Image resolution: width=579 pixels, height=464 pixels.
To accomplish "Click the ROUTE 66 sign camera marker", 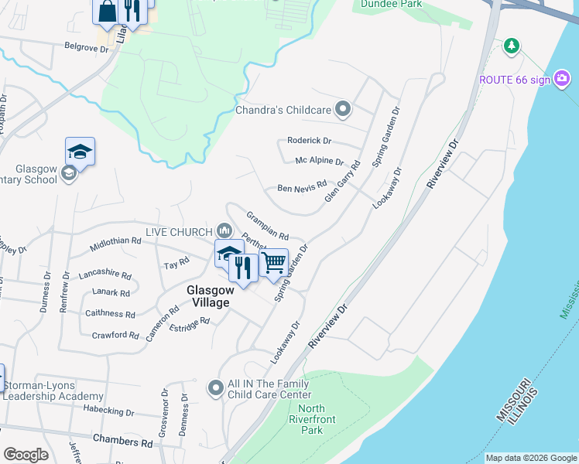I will (x=562, y=78).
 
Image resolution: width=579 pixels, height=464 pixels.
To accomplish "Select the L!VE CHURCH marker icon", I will (x=224, y=230).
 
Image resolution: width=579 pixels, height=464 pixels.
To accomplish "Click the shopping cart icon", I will (x=273, y=262).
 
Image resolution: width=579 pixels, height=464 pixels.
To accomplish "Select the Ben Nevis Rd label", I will (x=302, y=187).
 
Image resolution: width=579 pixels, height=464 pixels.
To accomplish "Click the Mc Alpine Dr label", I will (x=319, y=161).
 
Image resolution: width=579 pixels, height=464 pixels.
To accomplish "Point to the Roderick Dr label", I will (x=309, y=141).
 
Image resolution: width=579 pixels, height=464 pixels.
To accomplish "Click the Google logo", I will (x=25, y=455).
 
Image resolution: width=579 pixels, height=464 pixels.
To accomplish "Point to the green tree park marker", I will (x=511, y=46).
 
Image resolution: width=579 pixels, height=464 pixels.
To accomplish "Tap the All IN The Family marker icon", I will (x=216, y=388).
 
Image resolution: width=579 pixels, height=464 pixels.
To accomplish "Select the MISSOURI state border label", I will (x=513, y=401).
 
